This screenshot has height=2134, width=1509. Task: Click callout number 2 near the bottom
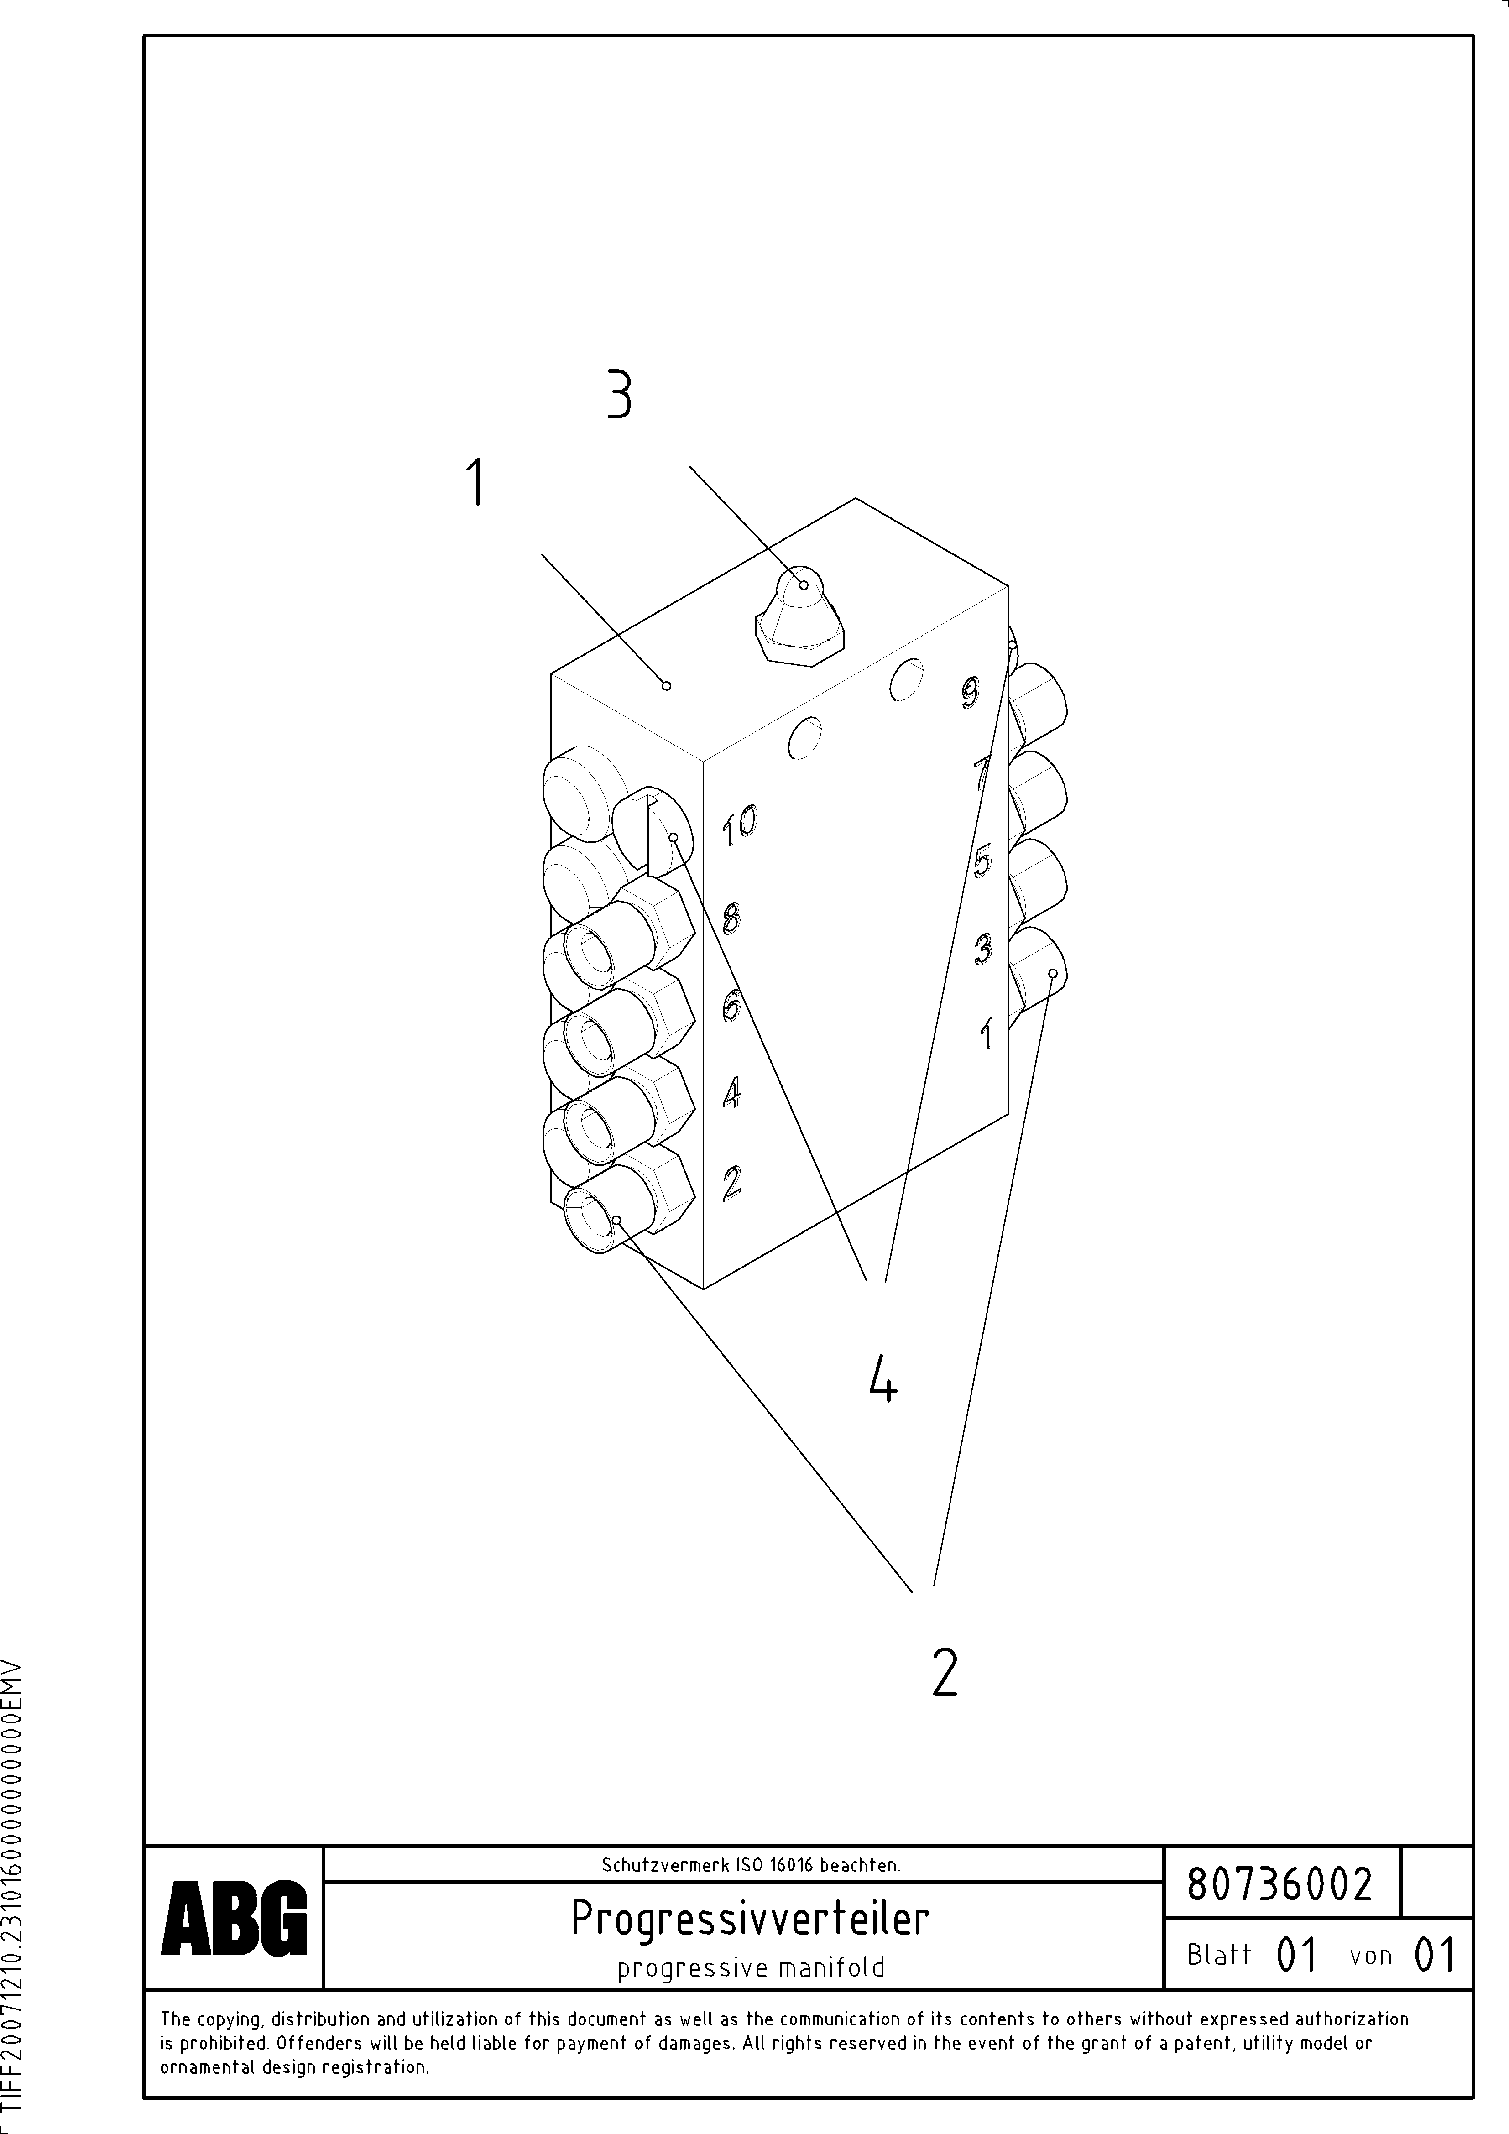click(944, 1671)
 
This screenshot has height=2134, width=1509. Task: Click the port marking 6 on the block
click(732, 1007)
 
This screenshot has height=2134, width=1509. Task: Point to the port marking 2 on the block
click(732, 1182)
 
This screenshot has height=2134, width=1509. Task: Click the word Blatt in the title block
click(1219, 1955)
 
